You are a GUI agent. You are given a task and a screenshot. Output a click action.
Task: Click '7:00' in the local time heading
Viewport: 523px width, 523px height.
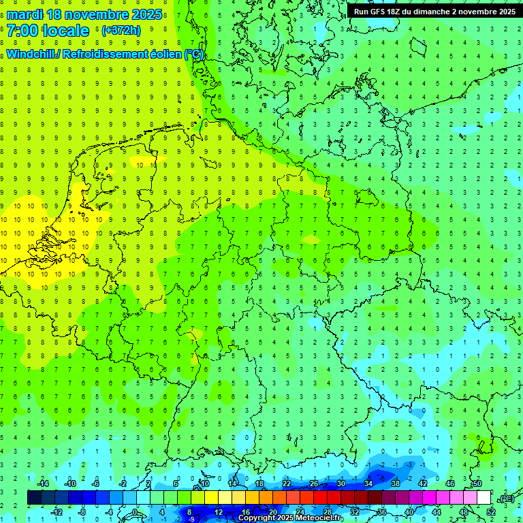24,31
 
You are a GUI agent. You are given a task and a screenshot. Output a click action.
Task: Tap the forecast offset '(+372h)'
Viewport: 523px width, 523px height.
121,31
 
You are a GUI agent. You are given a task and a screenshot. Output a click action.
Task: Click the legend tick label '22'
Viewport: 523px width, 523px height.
287,484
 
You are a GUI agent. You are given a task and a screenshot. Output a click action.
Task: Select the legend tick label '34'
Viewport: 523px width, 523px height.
368,484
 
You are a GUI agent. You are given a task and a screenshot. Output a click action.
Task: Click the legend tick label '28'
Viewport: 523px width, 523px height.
328,511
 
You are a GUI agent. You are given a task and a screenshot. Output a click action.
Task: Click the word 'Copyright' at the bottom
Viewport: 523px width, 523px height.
256,518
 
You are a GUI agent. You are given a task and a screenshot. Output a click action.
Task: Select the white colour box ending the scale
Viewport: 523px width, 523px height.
484,498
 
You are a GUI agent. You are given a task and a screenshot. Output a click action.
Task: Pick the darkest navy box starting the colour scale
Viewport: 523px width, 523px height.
34,498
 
